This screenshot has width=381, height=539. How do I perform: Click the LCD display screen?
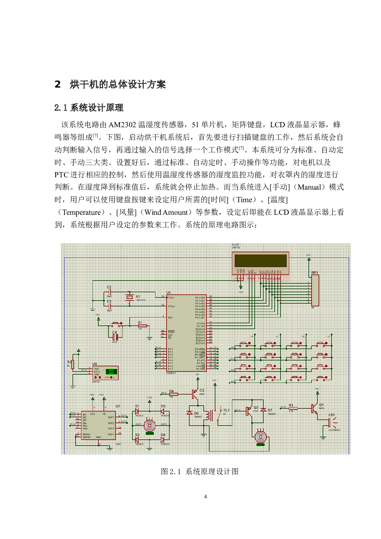[x=260, y=261]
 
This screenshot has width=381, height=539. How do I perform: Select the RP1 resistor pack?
[x=315, y=290]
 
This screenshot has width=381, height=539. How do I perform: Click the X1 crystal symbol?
[x=130, y=297]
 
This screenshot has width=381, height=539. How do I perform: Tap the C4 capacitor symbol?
[x=115, y=337]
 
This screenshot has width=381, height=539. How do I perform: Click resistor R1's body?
[x=142, y=326]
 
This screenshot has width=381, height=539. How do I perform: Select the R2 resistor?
[x=73, y=364]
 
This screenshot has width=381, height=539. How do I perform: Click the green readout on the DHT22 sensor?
[x=111, y=372]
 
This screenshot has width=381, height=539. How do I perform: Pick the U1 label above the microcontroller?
[x=168, y=293]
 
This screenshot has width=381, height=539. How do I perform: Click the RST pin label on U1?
[x=170, y=317]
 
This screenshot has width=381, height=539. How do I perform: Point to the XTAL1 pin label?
[x=171, y=297]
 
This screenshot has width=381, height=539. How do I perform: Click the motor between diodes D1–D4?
[x=150, y=426]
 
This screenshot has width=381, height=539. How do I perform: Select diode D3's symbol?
[x=163, y=411]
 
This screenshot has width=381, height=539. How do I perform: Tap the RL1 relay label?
[x=226, y=410]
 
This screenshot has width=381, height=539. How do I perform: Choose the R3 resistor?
[x=293, y=408]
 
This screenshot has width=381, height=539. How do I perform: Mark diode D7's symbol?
[x=263, y=410]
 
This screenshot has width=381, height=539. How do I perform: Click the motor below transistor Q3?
[x=261, y=437]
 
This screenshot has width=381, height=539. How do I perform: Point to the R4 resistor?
[x=173, y=394]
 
